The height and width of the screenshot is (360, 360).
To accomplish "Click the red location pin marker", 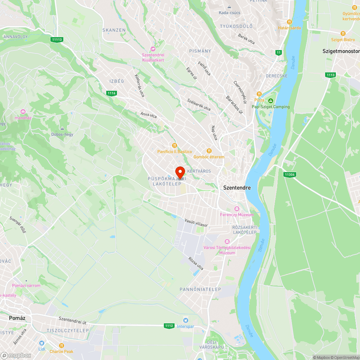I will click(180, 172).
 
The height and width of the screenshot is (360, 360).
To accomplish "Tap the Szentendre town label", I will click(237, 188).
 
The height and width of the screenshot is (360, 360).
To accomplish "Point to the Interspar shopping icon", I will click(186, 320).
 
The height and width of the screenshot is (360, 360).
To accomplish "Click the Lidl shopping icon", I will click(42, 343).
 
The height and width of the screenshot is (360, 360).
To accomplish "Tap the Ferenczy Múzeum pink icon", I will click(237, 209).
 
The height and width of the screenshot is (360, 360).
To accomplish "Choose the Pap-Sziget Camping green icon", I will click(271, 100).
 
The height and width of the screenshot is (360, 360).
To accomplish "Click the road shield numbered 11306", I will click(289, 175).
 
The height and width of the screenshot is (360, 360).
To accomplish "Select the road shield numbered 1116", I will click(112, 93).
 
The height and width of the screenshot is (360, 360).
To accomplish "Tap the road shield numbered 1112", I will click(169, 325).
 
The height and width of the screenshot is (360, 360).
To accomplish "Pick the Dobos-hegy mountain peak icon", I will click(62, 128).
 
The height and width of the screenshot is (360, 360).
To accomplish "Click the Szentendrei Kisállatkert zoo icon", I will click(153, 49).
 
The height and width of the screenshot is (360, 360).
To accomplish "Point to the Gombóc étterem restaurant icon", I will click(209, 151).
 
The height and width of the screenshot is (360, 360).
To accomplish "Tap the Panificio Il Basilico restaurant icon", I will click(175, 145).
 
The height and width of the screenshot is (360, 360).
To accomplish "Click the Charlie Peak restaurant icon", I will click(61, 345).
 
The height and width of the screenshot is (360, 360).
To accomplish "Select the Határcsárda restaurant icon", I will click(289, 22).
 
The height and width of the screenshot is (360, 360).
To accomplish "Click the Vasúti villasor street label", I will click(196, 222).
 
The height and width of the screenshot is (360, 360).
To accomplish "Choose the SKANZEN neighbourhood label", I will click(114, 30).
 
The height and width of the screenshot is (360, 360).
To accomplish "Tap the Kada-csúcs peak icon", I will click(229, 7).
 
